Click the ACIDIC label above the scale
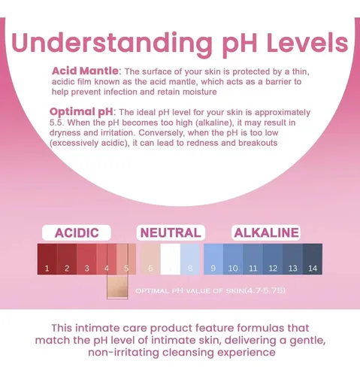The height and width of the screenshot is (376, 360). point(77,233)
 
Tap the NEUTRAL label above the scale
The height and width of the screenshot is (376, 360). point(171,233)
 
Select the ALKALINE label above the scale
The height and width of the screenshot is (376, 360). point(266,233)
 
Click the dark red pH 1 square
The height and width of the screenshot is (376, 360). point(47,259)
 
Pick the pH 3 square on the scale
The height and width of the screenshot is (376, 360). point(86,259)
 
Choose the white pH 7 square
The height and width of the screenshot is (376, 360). point(171,259)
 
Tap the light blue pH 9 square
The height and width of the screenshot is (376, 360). point(213,259)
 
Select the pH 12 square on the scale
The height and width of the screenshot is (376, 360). point(273,259)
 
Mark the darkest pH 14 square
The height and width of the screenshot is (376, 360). point(313,259)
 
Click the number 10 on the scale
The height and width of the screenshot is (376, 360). point(233,268)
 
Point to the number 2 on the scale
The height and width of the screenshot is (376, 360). point(67,268)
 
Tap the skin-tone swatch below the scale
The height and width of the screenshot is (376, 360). point(117,287)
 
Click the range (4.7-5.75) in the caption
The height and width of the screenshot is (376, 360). point(265,290)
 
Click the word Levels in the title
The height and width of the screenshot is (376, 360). point(307,42)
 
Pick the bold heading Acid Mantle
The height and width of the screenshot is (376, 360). point(85,71)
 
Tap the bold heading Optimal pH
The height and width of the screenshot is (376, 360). point(81,112)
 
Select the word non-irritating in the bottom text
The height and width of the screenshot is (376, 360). point(123,352)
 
